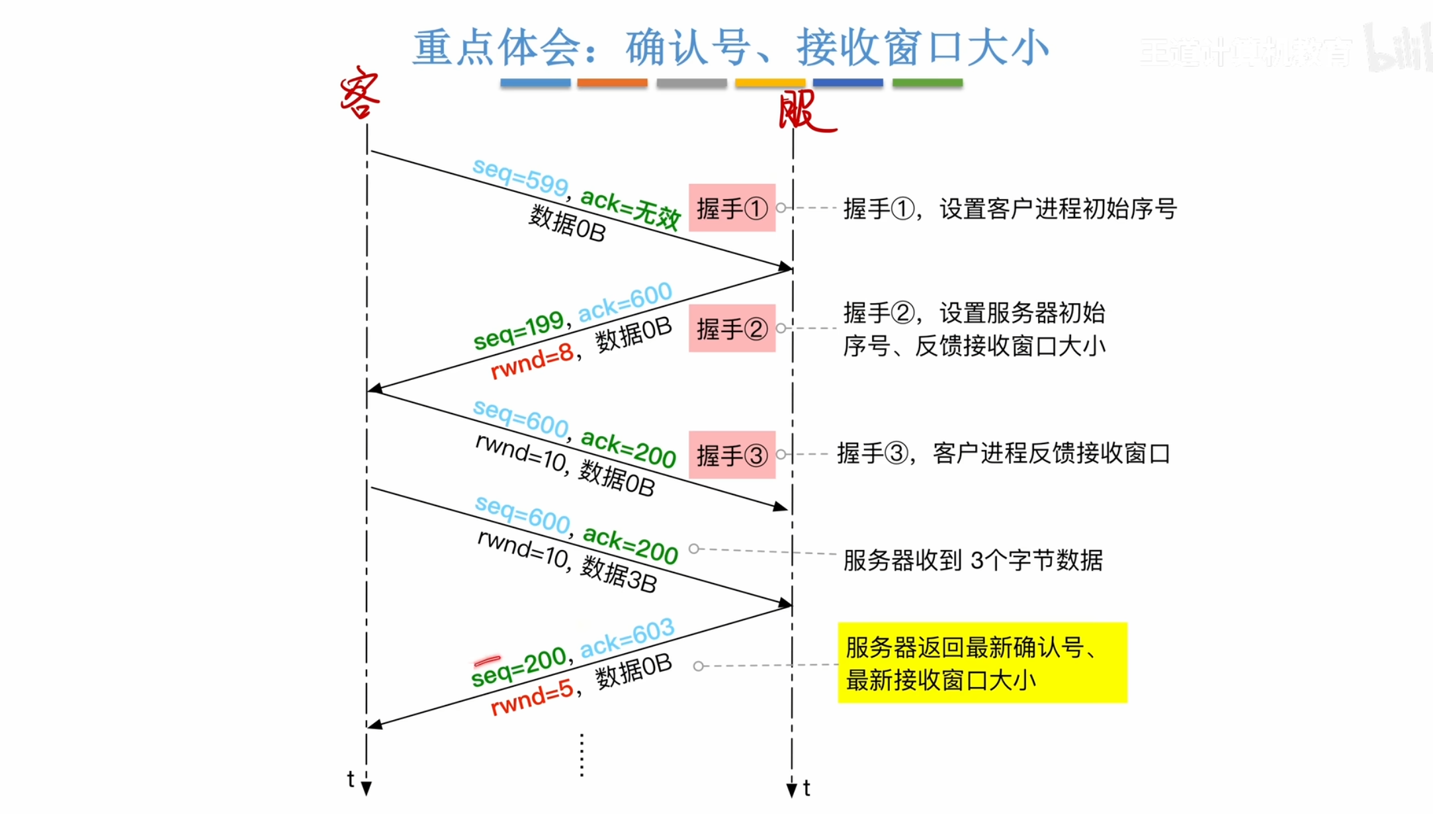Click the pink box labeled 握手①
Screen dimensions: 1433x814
click(x=732, y=208)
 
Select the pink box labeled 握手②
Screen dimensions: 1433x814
click(x=732, y=328)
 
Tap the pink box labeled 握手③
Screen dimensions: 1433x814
click(x=732, y=455)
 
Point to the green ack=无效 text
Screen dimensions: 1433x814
click(x=630, y=208)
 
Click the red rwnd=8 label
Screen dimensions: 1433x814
click(x=532, y=361)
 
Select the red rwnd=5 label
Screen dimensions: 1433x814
click(x=532, y=698)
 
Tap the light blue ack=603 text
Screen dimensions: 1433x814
click(x=627, y=638)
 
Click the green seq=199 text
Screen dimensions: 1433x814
click(x=519, y=330)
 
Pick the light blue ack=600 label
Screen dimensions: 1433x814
click(x=625, y=302)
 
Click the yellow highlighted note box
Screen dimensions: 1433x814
click(x=982, y=662)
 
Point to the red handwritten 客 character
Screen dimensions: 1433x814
click(x=360, y=93)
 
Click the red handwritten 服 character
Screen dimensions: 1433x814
click(x=804, y=111)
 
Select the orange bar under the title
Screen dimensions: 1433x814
click(x=612, y=83)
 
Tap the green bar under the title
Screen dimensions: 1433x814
click(x=927, y=83)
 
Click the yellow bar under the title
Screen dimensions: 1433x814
click(x=770, y=83)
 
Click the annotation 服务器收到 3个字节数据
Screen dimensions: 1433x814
click(x=973, y=560)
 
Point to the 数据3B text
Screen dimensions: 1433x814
click(x=619, y=574)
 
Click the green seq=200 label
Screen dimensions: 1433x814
click(x=519, y=666)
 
